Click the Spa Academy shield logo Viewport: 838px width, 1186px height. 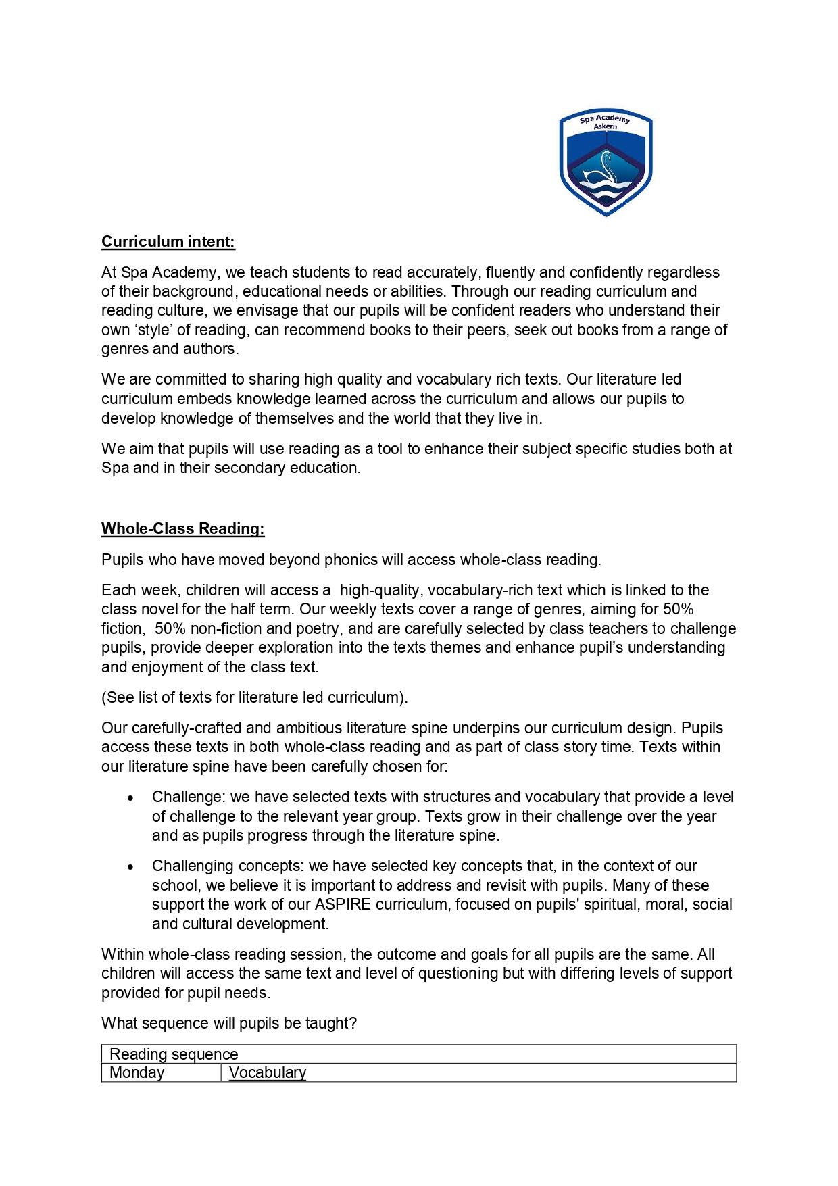point(606,163)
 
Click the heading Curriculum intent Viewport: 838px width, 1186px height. point(168,242)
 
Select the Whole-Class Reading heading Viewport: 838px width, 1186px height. point(183,529)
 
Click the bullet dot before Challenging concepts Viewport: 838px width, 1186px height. point(130,867)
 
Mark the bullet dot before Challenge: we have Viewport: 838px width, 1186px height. point(130,798)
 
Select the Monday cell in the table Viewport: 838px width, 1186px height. point(137,1073)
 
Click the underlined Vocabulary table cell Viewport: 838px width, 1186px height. point(268,1073)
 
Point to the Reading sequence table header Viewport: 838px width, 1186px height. point(174,1054)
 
